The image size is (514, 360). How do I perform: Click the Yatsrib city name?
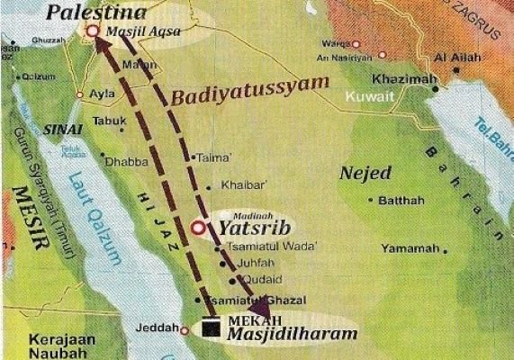pos(245,229)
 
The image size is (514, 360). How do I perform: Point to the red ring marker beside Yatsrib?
pos(198,229)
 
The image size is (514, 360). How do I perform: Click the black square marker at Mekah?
pos(212,324)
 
